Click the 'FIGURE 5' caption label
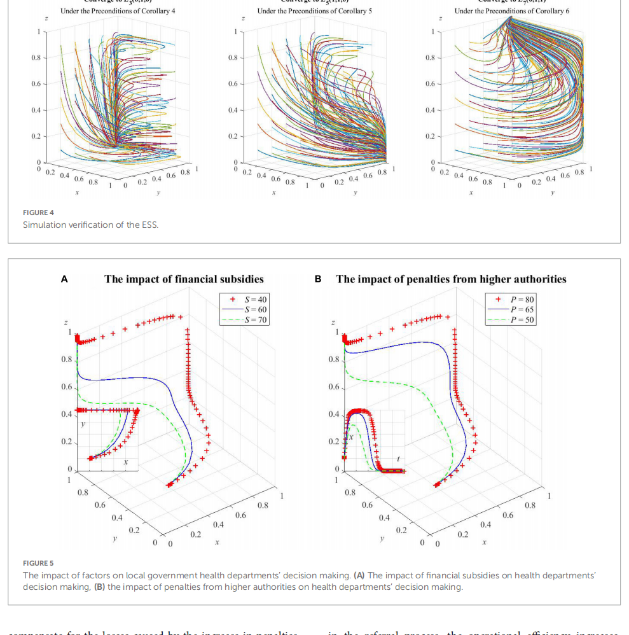coord(38,563)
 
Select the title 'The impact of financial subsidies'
coord(184,279)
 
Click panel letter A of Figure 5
coord(64,279)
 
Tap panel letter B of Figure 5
coord(318,279)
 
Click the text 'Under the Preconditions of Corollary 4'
coord(118,11)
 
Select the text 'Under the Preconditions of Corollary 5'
coord(315,11)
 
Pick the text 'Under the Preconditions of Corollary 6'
coord(512,11)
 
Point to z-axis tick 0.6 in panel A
coord(66,387)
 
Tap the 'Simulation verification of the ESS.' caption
coord(90,225)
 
